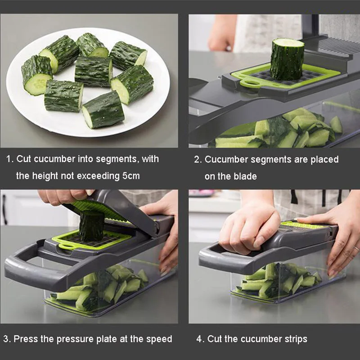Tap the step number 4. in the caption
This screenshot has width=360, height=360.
click(200, 339)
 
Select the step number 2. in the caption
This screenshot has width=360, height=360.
click(198, 159)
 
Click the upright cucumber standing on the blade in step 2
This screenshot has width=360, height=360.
click(287, 59)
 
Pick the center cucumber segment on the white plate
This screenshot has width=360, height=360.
click(93, 71)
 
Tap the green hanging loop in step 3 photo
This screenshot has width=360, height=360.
click(65, 245)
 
